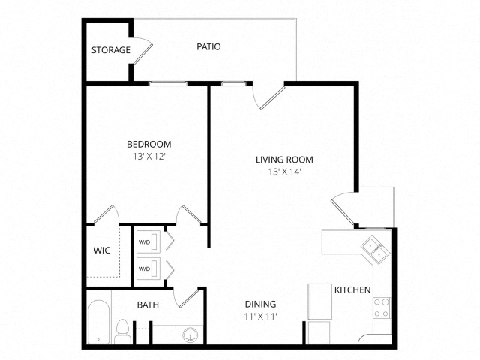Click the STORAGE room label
(x=111, y=50)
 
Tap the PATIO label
(x=208, y=46)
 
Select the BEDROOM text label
(x=149, y=144)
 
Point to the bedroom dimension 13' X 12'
(x=149, y=157)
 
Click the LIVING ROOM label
(x=284, y=160)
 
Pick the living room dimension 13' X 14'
(x=285, y=172)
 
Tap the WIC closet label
(x=102, y=250)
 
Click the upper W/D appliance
(x=148, y=241)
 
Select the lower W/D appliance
(x=148, y=268)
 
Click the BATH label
(x=148, y=305)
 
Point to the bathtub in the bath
(x=98, y=322)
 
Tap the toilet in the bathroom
(x=122, y=331)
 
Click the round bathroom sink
(x=190, y=336)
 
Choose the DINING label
(x=260, y=304)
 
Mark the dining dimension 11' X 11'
(x=261, y=316)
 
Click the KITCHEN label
(x=352, y=289)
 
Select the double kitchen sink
(x=375, y=249)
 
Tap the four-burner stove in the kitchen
(x=382, y=308)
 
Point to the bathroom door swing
(x=187, y=298)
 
